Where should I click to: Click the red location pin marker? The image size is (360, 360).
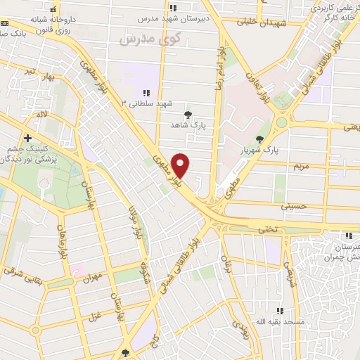click(x=181, y=165)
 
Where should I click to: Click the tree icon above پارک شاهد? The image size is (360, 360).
click(x=187, y=114)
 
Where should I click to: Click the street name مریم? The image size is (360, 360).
click(x=302, y=166)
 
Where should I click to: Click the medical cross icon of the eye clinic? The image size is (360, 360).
click(x=27, y=138)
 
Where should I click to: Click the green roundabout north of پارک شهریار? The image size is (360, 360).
click(x=281, y=122)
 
